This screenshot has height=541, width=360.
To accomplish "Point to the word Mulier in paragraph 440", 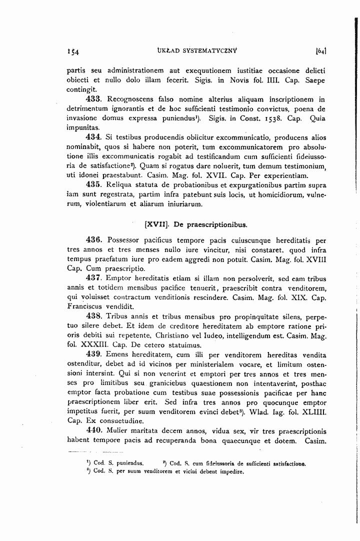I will [x=118, y=430].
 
